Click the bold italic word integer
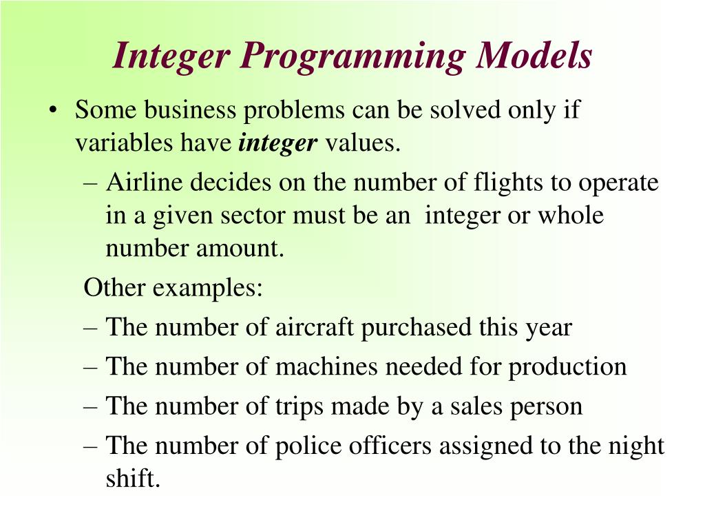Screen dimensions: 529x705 278,143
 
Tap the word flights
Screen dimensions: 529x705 508,183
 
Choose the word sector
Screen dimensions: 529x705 254,216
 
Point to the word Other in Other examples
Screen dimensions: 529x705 114,287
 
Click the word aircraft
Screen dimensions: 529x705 315,327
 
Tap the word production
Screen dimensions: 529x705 568,367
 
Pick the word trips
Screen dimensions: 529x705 300,406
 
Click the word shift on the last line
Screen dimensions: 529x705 133,479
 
